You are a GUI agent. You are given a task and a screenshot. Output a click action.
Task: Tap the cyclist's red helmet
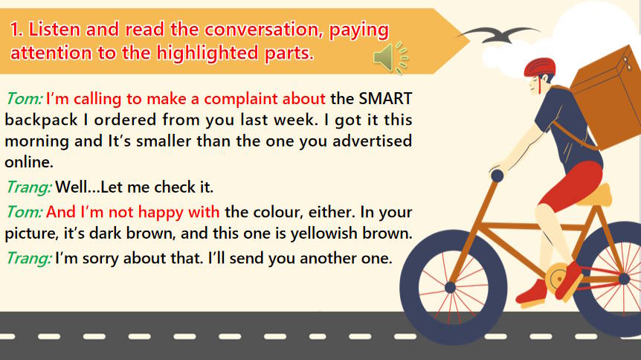539,66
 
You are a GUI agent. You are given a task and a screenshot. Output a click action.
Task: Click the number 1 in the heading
16,30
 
